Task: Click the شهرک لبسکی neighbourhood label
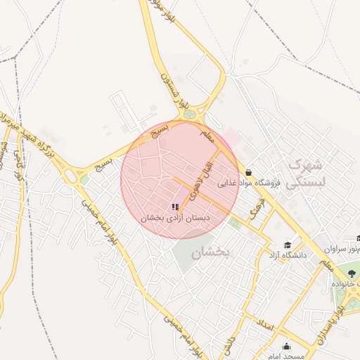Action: (308, 173)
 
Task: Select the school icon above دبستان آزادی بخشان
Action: (174, 207)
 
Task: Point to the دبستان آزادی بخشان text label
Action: (175, 218)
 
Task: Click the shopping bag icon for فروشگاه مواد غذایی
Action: (249, 172)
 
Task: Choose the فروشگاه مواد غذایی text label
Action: (248, 184)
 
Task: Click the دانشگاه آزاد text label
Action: (287, 255)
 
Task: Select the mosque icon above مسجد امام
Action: (286, 346)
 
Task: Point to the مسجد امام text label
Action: (287, 356)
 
